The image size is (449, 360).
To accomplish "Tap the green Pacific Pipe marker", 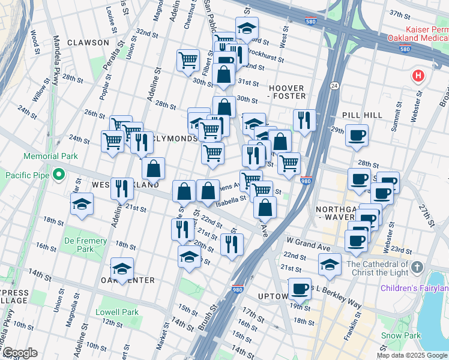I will pos(58,175).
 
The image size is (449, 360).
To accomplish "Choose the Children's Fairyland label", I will pos(414,289).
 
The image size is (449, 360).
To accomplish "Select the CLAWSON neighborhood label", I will pos(88,43).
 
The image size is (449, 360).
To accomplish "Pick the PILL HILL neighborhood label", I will pos(358,114).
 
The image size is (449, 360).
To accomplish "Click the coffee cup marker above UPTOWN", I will pos(300,288).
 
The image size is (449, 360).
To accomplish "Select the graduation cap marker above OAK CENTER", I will pos(122,268).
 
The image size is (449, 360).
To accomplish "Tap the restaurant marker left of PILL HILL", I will pos(305,120).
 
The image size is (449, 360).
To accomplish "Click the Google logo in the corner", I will pos(19,353).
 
